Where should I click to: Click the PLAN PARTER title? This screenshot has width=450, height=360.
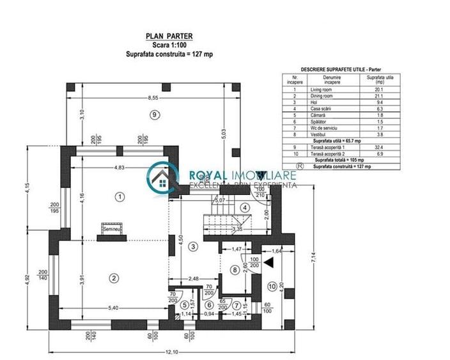pyautogui.click(x=169, y=38)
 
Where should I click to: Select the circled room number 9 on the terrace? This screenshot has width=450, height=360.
pyautogui.click(x=153, y=114)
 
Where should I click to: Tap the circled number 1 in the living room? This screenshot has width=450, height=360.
pyautogui.click(x=118, y=196)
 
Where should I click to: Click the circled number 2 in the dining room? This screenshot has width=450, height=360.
pyautogui.click(x=114, y=278)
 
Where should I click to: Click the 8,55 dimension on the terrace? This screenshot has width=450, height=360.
pyautogui.click(x=152, y=98)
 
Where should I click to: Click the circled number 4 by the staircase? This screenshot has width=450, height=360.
pyautogui.click(x=244, y=207)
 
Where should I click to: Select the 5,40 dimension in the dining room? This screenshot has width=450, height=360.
pyautogui.click(x=113, y=308)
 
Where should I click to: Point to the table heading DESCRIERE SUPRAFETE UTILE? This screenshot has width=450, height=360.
pyautogui.click(x=336, y=68)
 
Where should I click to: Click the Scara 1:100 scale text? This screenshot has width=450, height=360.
pyautogui.click(x=169, y=46)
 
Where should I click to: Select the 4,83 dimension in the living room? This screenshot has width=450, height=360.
pyautogui.click(x=114, y=168)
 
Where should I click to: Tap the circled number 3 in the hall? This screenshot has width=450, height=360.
pyautogui.click(x=194, y=246)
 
